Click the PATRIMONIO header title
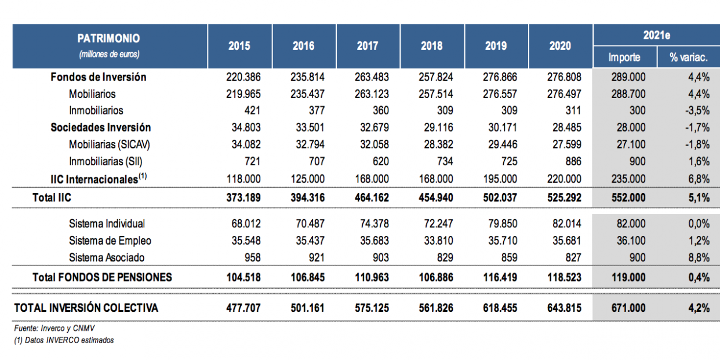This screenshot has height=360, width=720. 109,39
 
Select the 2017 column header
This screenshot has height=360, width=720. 368,46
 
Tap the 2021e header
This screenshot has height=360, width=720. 656,35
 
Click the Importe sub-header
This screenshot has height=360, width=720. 624,57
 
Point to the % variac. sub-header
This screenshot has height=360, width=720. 688,57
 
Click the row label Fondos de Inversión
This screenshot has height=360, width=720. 99,77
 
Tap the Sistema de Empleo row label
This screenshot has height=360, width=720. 110,241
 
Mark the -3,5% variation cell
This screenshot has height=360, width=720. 697,111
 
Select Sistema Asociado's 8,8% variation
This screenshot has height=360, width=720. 699,257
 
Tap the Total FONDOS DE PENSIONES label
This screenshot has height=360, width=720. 102,278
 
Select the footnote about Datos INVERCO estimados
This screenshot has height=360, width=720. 64,340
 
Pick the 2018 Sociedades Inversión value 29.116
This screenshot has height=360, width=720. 437,128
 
